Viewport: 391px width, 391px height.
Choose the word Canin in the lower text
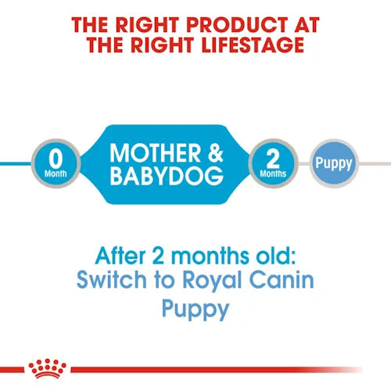click(x=265, y=279)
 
